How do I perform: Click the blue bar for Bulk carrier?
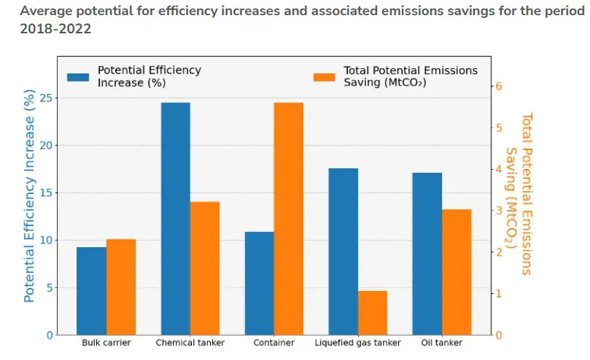click(x=91, y=291)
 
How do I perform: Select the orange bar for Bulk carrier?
click(x=121, y=287)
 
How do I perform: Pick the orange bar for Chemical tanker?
click(x=205, y=268)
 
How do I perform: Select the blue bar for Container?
click(x=259, y=283)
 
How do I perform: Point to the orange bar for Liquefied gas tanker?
click(x=372, y=313)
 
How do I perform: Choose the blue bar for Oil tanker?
click(x=427, y=254)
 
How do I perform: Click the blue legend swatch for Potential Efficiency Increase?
click(x=78, y=77)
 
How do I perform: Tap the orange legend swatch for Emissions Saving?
click(x=324, y=77)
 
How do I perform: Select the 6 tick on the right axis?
click(x=499, y=86)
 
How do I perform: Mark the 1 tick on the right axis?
click(x=499, y=293)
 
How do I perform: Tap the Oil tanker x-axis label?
click(x=441, y=343)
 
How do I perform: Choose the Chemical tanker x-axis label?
click(x=190, y=343)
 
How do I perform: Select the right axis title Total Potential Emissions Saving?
click(x=519, y=194)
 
